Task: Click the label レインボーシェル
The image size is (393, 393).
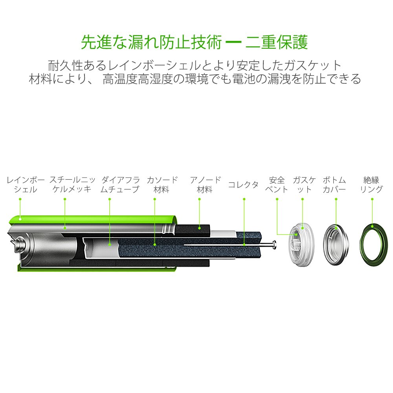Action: [x=26, y=184]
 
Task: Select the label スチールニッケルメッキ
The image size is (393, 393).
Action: [x=72, y=184]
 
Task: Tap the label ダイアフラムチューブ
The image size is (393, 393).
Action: [x=120, y=184]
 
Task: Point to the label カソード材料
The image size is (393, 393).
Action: [x=162, y=184]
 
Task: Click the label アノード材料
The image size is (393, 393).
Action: [x=205, y=184]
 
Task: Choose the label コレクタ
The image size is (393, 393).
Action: [x=243, y=185]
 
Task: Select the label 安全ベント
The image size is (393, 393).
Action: [x=277, y=184]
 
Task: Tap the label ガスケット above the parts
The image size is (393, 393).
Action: [x=304, y=184]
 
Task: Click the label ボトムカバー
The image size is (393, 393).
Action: [x=334, y=184]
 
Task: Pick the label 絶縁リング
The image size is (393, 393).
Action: [x=371, y=184]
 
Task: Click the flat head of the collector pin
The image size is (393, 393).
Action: [x=274, y=245]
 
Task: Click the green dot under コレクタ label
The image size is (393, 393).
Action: [x=244, y=199]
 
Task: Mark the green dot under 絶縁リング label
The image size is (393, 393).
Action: [x=372, y=199]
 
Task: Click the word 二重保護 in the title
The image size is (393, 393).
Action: [x=276, y=42]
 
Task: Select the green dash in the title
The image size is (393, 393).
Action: [x=233, y=42]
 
